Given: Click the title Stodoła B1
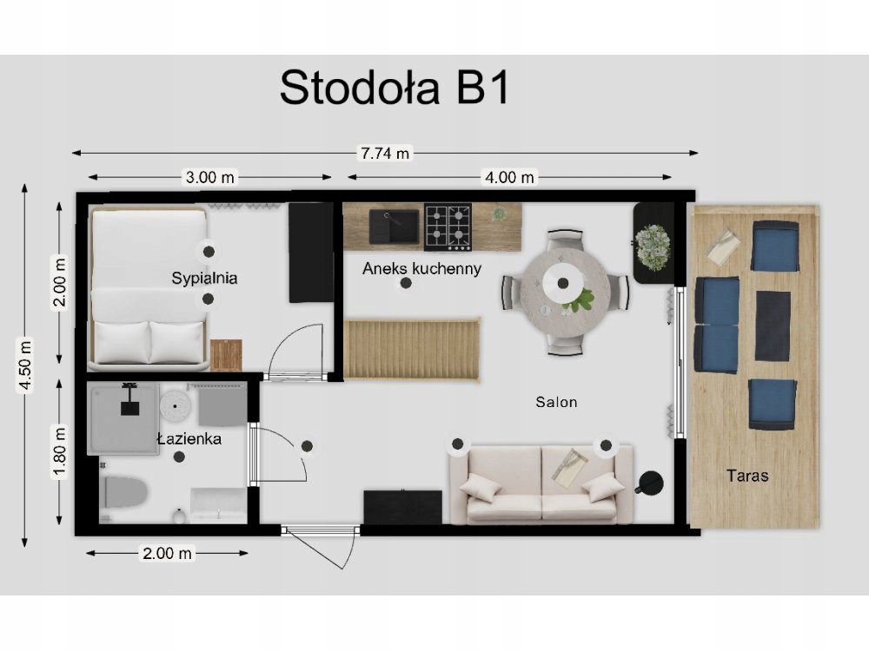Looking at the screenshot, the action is (x=394, y=88).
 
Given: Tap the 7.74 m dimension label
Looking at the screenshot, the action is (x=385, y=153).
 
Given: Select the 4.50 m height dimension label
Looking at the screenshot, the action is (x=25, y=365).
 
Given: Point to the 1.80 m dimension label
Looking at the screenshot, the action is (x=59, y=451).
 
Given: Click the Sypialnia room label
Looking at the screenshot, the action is (x=204, y=278).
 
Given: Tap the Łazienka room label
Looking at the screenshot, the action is (x=189, y=439).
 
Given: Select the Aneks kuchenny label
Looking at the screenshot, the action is (x=421, y=268).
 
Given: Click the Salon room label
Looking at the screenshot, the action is (x=556, y=402).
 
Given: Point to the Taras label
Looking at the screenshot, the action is (x=747, y=476).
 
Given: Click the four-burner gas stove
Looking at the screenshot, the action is (x=448, y=227).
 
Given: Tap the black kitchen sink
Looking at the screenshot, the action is (x=395, y=227).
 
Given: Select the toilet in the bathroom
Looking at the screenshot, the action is (x=124, y=493).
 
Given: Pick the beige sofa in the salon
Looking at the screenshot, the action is (x=541, y=483).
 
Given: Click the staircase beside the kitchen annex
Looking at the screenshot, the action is (x=412, y=350).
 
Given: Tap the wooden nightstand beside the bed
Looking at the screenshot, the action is (x=226, y=355).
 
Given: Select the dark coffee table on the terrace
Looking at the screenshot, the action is (x=773, y=326).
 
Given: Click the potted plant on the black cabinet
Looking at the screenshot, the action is (x=653, y=247).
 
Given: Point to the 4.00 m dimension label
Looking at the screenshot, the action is (x=509, y=178).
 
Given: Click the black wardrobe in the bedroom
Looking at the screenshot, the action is (x=311, y=253).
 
